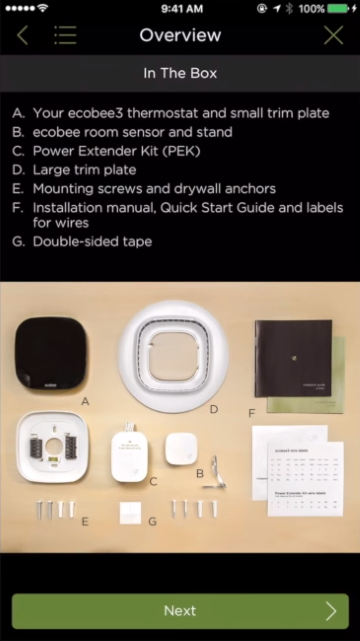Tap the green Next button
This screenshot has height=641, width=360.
pos(180,610)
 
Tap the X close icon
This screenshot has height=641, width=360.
pos(334,36)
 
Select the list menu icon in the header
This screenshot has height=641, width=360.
pos(65,36)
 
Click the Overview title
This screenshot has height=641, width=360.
pos(180,36)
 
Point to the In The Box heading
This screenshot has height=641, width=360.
pos(180,73)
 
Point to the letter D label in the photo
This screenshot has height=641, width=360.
pos(213,409)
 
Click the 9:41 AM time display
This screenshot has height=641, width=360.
pos(180,8)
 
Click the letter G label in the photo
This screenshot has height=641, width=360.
pos(152,522)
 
